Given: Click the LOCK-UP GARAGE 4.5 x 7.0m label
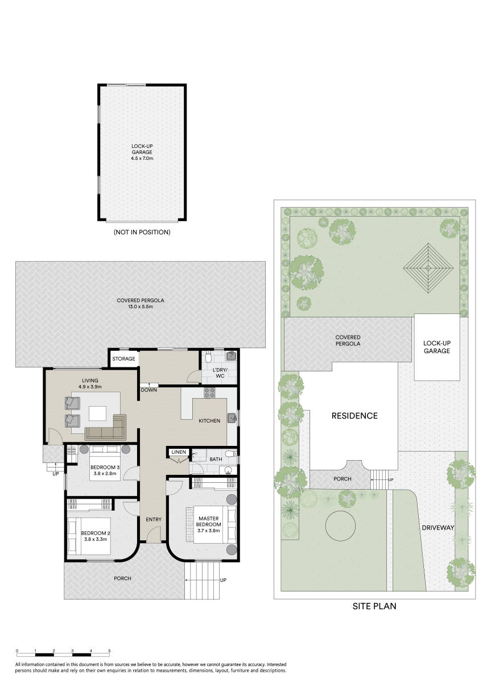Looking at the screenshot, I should (142, 152).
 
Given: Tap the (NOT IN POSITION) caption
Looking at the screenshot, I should (142, 232).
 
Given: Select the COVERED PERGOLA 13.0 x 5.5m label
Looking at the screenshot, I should (141, 303).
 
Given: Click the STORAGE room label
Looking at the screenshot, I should (123, 359).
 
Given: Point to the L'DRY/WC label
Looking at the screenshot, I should (220, 373).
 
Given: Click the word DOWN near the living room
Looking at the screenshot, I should (149, 390).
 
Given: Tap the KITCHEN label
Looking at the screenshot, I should (209, 421).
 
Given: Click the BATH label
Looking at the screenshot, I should (216, 459).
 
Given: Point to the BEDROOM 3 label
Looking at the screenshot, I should (105, 468).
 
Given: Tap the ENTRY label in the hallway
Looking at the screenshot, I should (154, 519).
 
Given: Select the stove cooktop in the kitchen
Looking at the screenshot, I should (209, 392).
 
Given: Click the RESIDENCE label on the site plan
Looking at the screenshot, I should (354, 416).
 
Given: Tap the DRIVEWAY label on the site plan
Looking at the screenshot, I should (438, 528).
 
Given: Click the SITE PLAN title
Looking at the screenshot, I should (374, 606).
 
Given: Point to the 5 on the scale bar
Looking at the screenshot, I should (109, 650).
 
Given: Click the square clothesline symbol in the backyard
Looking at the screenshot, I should (428, 267).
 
